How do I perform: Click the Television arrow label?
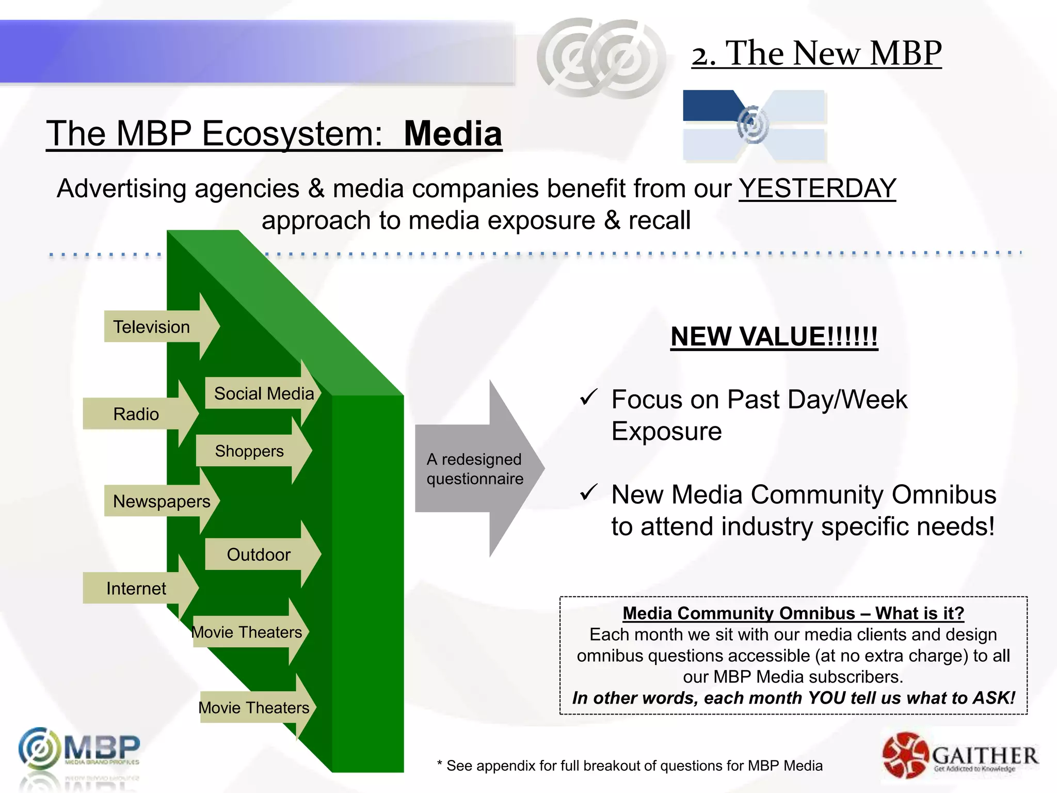tap(152, 327)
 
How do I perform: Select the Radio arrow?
tap(137, 414)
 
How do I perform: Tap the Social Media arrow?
tap(264, 393)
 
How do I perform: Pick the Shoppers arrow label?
tap(249, 451)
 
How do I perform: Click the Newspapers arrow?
tap(162, 501)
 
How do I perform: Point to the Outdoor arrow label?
tap(259, 554)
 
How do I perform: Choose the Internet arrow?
tap(137, 589)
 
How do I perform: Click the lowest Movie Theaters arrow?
tap(254, 708)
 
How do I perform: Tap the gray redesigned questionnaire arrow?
tap(475, 469)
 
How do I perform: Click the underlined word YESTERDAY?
tap(817, 188)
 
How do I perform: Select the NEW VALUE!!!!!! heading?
tap(774, 337)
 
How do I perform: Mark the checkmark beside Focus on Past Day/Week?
tap(588, 397)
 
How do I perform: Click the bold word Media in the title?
tap(453, 134)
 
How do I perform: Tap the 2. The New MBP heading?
tap(816, 53)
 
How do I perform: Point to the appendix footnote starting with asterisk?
tap(630, 766)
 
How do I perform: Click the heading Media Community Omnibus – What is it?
tap(793, 613)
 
